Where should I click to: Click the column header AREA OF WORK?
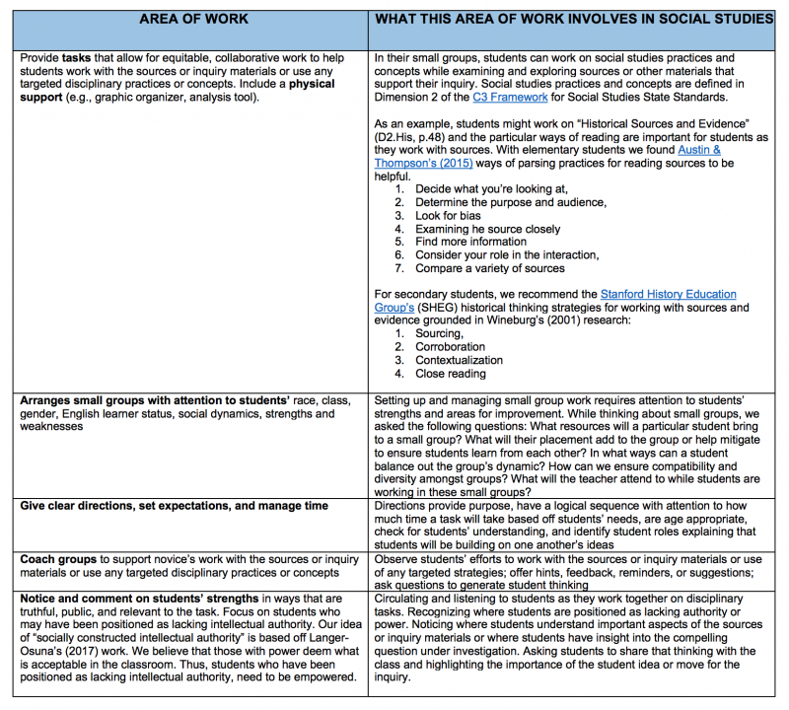point(193,20)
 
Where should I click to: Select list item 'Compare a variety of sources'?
point(490,268)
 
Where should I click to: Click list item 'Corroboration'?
point(450,347)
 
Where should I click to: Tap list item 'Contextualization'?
point(460,361)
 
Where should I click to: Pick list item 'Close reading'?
point(451,374)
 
